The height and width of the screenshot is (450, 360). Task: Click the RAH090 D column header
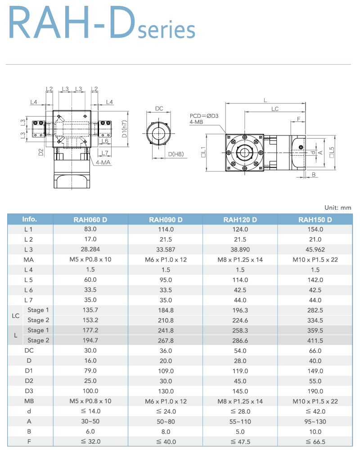166,220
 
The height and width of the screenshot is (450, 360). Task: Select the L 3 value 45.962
315,250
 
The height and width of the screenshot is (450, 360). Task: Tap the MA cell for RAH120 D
240,260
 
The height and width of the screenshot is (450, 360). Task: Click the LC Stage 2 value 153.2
90,320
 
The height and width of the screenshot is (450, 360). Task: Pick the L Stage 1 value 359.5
315,330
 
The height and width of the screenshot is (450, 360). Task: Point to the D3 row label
29,391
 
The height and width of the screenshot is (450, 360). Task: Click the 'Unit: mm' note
337,207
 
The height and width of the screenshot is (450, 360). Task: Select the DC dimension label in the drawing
159,108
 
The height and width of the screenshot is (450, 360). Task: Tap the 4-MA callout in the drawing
103,162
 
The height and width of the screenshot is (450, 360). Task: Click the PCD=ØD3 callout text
204,116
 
